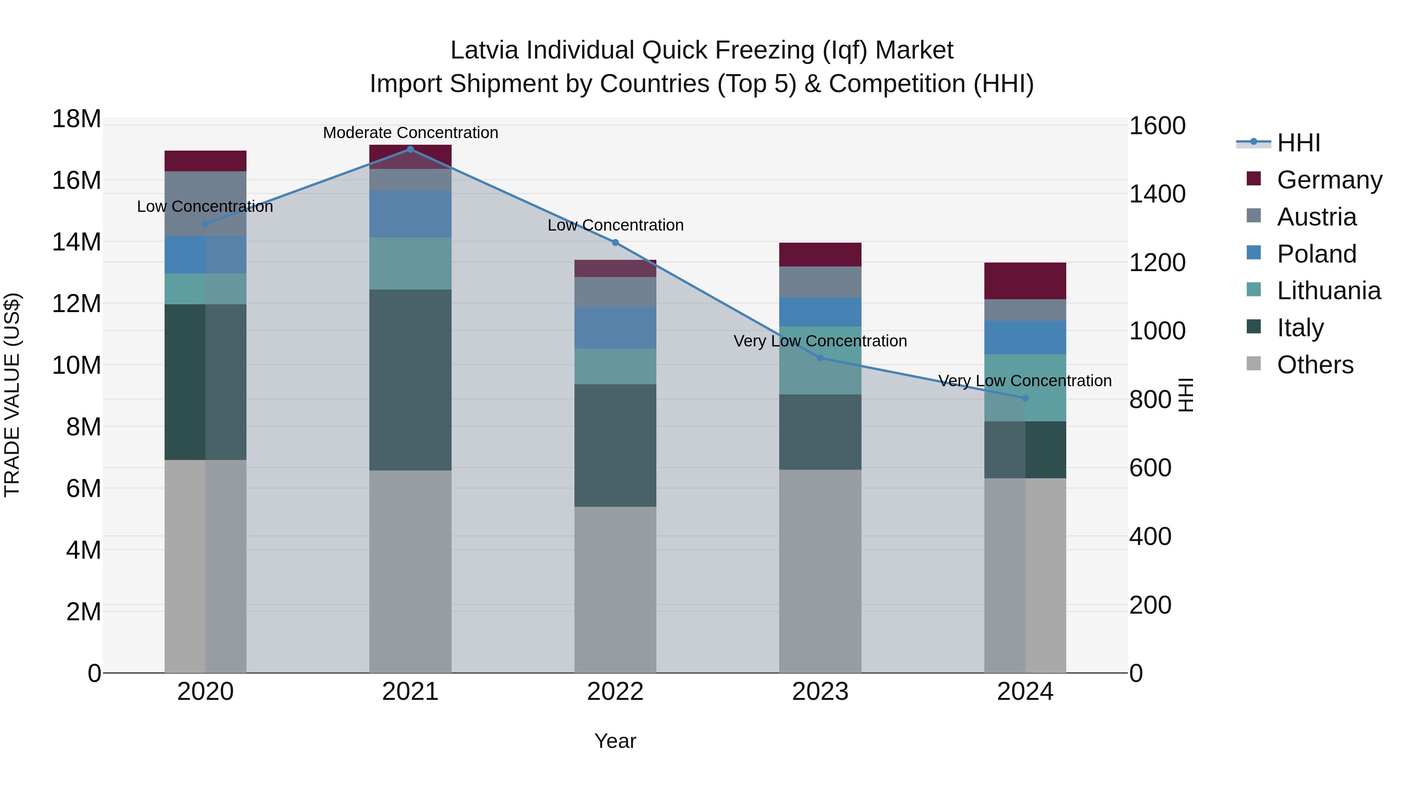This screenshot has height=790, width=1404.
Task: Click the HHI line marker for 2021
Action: point(410,149)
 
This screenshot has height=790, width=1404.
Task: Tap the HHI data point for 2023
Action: point(820,358)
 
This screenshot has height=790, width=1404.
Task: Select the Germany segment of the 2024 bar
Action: point(1025,281)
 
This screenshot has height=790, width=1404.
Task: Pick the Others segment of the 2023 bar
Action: point(820,571)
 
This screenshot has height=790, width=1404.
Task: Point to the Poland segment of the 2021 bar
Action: point(410,214)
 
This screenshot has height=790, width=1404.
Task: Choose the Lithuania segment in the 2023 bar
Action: point(820,360)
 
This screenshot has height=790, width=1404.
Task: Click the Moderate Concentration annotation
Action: point(410,133)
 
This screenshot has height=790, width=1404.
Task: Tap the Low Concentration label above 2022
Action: point(615,225)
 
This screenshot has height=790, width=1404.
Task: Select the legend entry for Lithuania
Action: point(1328,291)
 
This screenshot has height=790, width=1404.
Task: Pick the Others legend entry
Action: point(1315,365)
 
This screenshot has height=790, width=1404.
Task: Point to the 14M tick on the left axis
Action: point(76,242)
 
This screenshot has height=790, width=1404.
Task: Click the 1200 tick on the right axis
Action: point(1157,263)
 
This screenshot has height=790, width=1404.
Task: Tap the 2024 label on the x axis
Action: point(1025,692)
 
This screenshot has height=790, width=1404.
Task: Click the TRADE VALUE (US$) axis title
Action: point(12,395)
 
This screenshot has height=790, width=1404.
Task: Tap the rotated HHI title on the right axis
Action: point(1186,395)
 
